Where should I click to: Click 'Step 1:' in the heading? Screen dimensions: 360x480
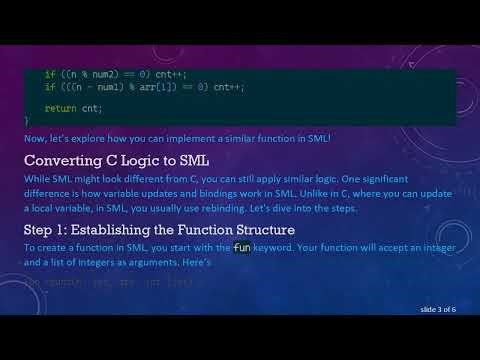(48, 230)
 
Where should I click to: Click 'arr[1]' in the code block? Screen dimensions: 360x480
(154, 87)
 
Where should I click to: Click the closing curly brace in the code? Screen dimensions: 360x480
(27, 120)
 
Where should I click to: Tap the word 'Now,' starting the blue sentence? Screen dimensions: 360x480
(35, 136)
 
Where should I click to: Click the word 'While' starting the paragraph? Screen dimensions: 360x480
(37, 178)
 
